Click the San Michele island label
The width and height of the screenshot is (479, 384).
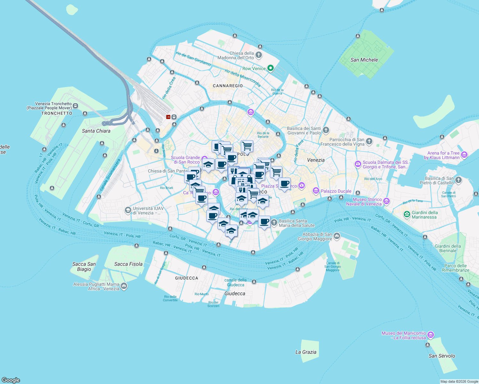click(364, 60)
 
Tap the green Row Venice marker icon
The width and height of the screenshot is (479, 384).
click(271, 68)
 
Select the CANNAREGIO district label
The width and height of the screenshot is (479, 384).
click(228, 86)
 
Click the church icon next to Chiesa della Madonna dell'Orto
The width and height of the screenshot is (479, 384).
click(259, 55)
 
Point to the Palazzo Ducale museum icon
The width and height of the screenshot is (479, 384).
click(316, 191)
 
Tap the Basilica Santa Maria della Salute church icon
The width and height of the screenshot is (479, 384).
click(274, 222)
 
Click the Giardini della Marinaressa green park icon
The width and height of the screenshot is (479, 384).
click(407, 214)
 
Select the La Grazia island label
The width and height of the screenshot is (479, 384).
click(306, 352)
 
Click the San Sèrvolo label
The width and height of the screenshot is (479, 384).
click(442, 356)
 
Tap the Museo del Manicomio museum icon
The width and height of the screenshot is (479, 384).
click(431, 335)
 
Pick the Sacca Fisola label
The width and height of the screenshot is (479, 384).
click(128, 264)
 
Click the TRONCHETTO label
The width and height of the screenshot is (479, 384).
click(57, 113)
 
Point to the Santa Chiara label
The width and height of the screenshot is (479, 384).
click(96, 131)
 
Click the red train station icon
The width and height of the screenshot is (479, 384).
click(168, 117)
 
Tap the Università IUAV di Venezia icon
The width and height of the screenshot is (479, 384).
click(128, 210)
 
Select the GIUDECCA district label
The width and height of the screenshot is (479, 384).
click(187, 278)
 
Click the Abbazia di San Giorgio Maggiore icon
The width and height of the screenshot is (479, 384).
click(337, 236)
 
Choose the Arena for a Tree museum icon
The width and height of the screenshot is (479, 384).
click(464, 155)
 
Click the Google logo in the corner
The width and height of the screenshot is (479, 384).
click(11, 380)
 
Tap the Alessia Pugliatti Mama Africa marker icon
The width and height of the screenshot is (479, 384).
click(124, 286)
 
